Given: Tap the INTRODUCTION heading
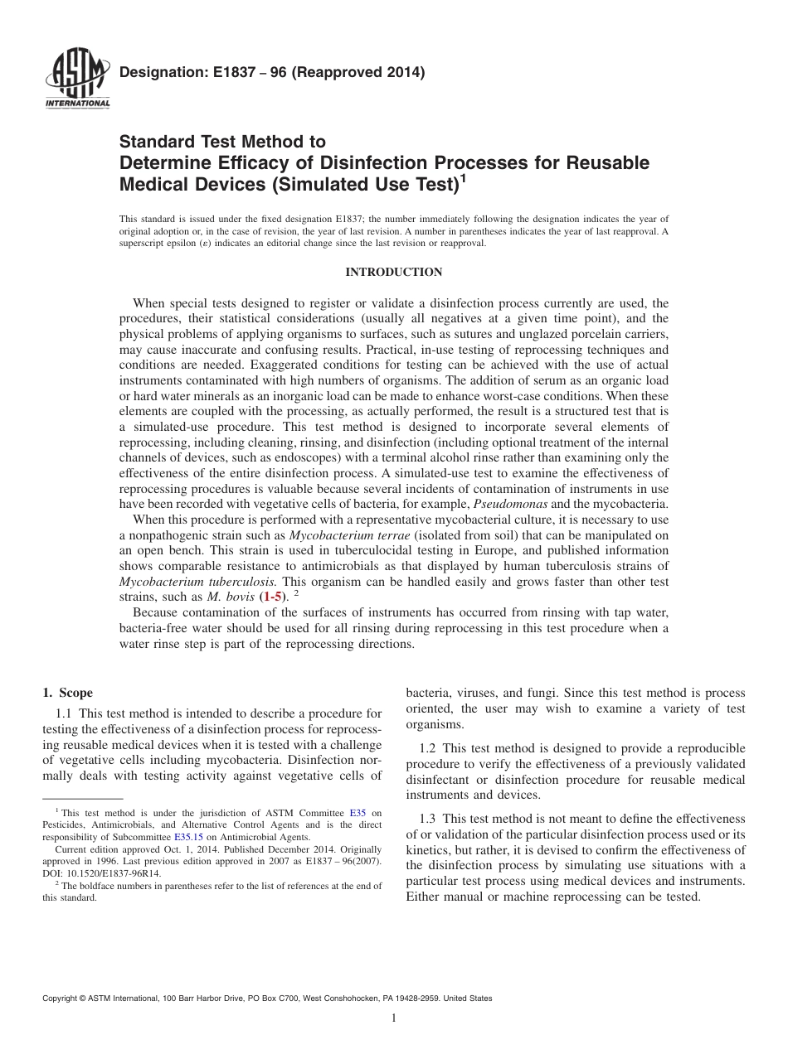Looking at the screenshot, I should click(393, 272).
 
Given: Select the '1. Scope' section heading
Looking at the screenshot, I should click(67, 693).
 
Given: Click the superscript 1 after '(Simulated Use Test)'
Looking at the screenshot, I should click(463, 176).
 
